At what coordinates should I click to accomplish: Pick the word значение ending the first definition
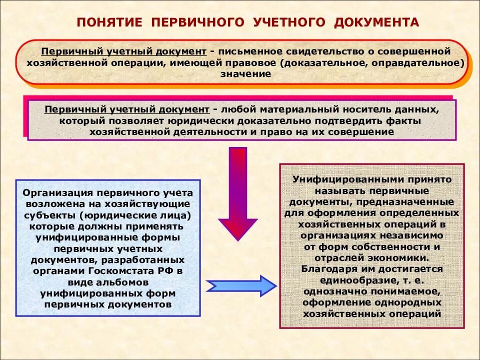coord(246,74)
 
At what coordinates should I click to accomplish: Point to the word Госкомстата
coord(135,271)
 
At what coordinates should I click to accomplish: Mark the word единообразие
coord(344,280)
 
